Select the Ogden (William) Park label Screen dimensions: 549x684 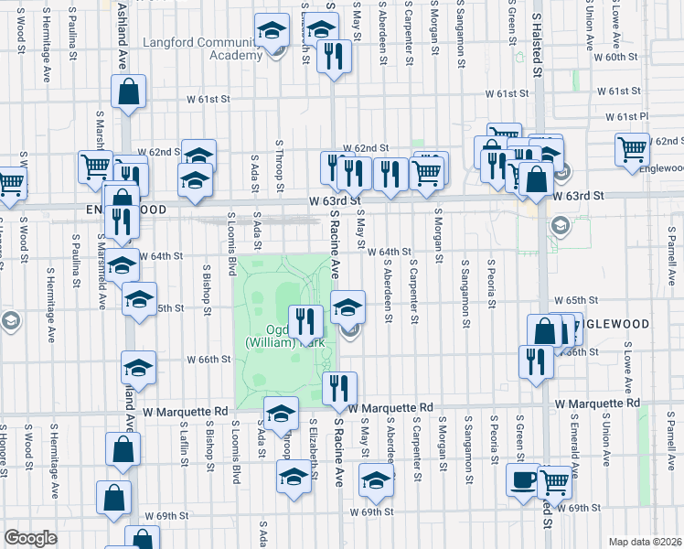(x=283, y=335)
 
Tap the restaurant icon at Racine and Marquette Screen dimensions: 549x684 (x=339, y=388)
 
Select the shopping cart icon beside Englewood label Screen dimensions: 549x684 (x=633, y=149)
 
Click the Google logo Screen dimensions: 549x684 (x=29, y=537)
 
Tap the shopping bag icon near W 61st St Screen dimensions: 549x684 (x=129, y=91)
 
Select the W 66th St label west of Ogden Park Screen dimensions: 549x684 (x=208, y=360)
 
